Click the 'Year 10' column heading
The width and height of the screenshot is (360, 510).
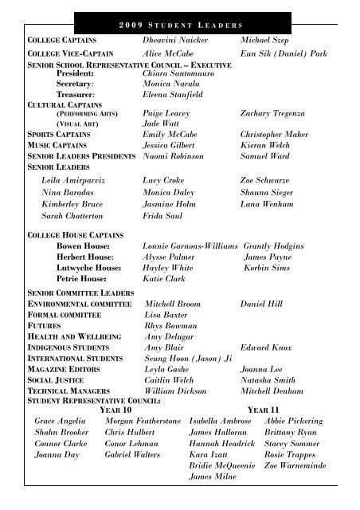point(118,409)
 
